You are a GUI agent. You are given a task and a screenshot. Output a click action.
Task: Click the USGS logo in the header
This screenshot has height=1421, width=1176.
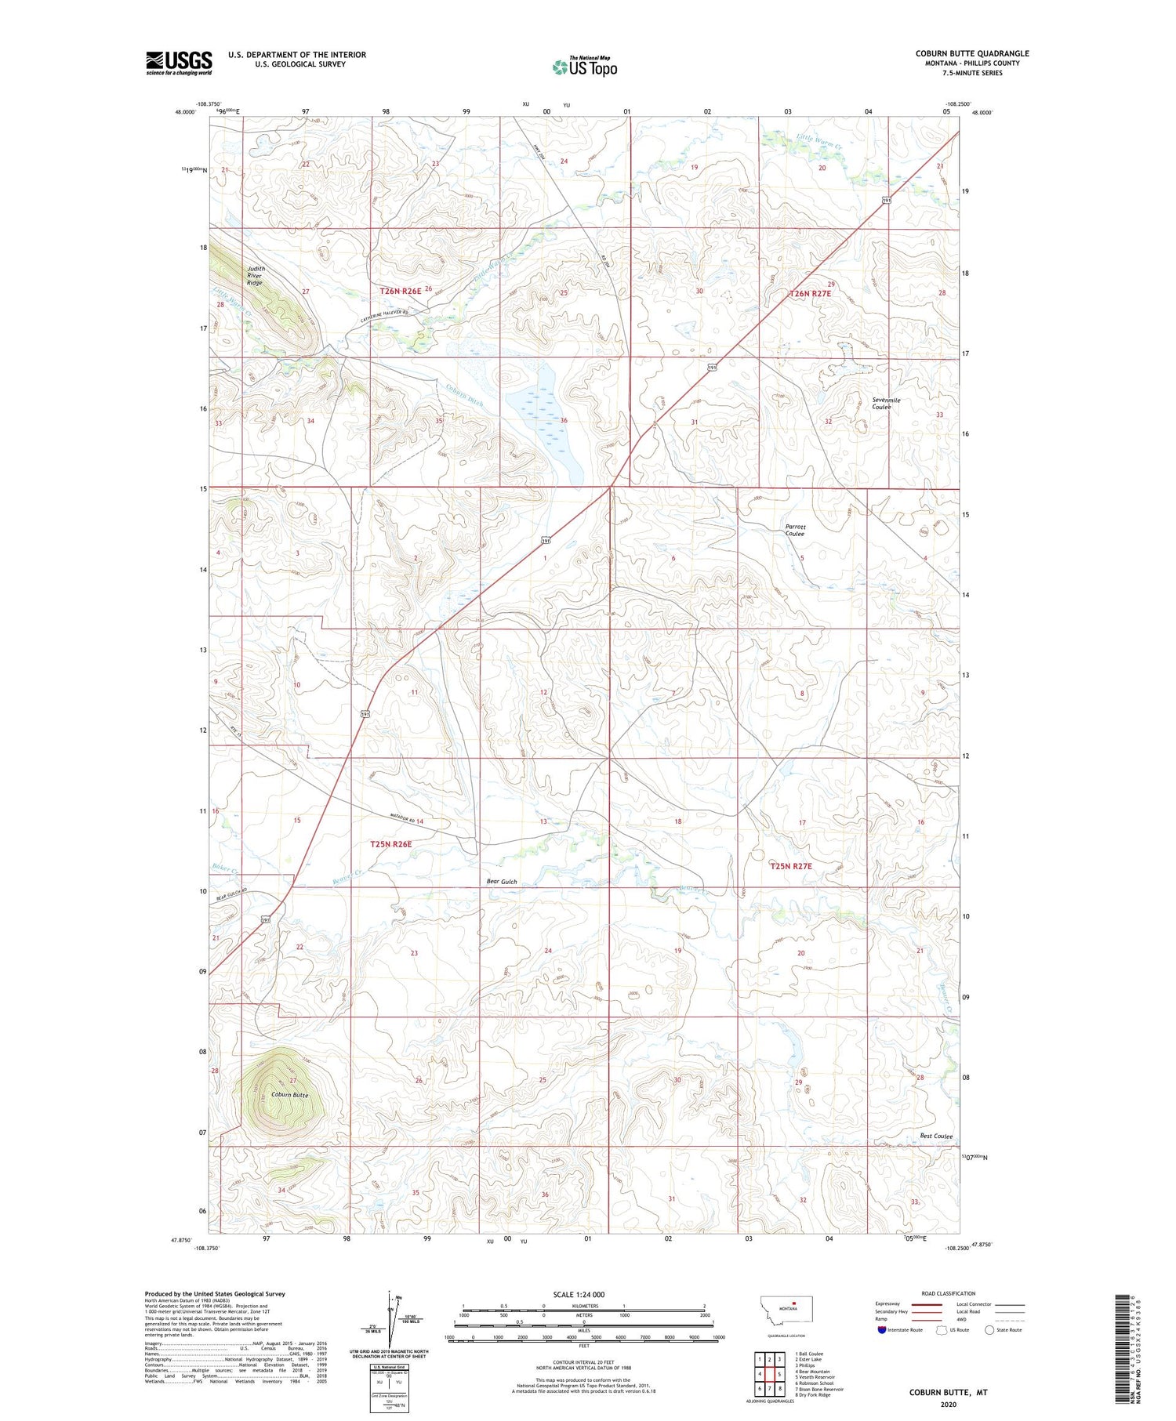(x=179, y=62)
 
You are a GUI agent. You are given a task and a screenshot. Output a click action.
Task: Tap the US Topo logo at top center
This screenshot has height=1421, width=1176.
(x=585, y=67)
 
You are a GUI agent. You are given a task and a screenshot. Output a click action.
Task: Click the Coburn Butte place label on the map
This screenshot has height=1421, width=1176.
(x=290, y=1095)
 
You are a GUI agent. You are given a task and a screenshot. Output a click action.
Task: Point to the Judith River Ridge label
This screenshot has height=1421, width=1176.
(x=256, y=275)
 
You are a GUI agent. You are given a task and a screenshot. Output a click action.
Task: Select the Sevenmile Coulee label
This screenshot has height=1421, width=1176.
(x=886, y=404)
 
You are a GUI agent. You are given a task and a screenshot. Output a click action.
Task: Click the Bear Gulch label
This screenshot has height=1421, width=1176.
(x=502, y=882)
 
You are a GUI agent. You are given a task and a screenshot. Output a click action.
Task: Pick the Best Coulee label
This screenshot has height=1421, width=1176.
(x=936, y=1136)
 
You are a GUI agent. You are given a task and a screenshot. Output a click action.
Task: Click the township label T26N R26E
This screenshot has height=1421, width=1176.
(x=401, y=291)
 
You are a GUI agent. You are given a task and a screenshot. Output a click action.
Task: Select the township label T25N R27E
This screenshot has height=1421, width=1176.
(x=790, y=866)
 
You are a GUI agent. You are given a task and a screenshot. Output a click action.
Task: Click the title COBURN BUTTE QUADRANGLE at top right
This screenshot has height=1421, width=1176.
(x=972, y=53)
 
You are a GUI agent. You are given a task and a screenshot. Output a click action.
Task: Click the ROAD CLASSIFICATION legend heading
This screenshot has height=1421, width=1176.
(x=949, y=1293)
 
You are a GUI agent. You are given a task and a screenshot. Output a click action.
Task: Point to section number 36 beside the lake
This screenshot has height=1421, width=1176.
(x=564, y=421)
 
